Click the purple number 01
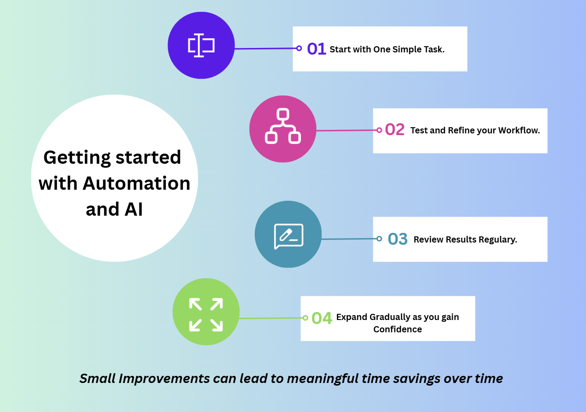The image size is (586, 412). click(x=316, y=49)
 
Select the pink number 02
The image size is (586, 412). click(x=395, y=129)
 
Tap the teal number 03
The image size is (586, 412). click(x=398, y=239)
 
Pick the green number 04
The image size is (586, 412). click(x=322, y=318)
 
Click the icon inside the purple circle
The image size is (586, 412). click(x=201, y=45)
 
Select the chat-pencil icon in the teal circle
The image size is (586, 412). click(x=289, y=236)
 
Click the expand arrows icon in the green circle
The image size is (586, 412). click(x=206, y=314)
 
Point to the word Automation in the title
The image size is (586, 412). click(x=136, y=183)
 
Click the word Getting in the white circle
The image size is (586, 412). click(x=77, y=158)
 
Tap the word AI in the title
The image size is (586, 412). click(x=134, y=210)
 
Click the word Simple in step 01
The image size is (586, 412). click(x=407, y=49)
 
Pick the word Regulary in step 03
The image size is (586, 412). click(x=498, y=239)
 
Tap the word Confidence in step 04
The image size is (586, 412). click(x=398, y=329)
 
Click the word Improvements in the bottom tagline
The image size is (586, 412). click(x=164, y=379)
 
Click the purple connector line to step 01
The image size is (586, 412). click(x=266, y=48)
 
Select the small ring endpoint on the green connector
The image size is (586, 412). click(x=305, y=318)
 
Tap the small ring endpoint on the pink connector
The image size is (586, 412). click(x=379, y=130)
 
